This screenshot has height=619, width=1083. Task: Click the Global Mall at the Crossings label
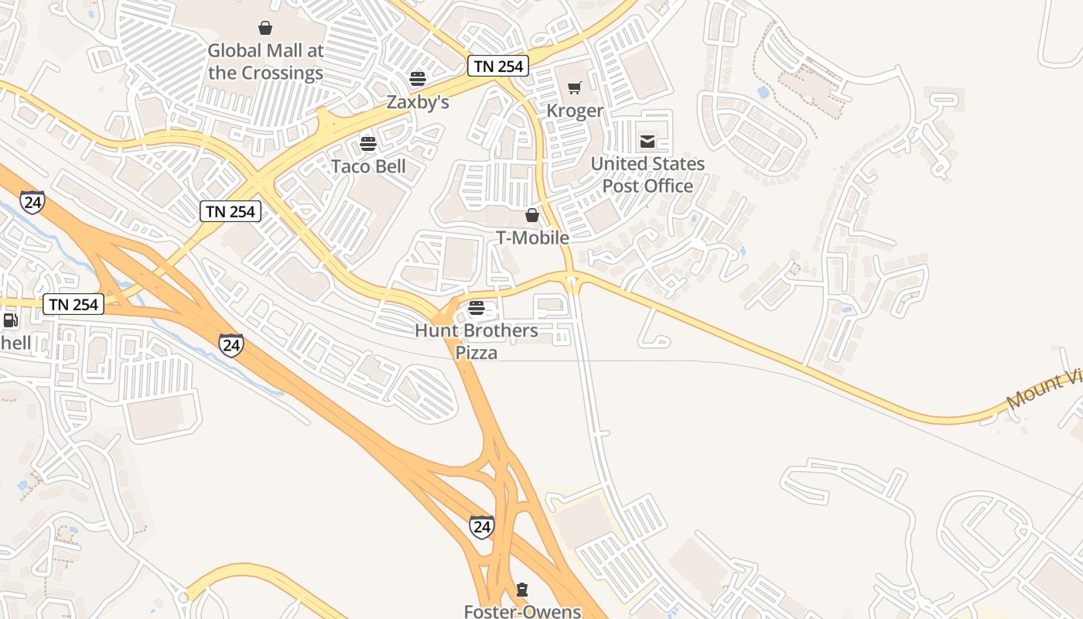tap(265, 62)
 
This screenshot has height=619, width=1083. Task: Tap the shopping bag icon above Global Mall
tap(265, 29)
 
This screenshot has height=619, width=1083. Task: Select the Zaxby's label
tap(418, 102)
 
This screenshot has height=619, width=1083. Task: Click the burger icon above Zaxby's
tap(418, 78)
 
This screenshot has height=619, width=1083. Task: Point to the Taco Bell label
tap(368, 166)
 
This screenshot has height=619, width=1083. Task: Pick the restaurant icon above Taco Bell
tap(368, 144)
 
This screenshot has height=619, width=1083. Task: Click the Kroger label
tap(574, 111)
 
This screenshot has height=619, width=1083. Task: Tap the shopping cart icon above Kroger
tap(574, 88)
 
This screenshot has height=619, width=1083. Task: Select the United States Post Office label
tap(647, 175)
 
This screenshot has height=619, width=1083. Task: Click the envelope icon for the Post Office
tap(647, 142)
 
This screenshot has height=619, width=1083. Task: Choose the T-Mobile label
tap(532, 238)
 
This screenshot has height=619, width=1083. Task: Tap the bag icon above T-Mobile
tap(532, 215)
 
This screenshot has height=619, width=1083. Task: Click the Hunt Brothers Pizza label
tap(477, 341)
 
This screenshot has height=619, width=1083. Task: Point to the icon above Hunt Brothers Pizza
tap(477, 308)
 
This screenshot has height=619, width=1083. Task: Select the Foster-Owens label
tap(522, 611)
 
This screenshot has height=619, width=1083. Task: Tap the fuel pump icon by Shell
tap(10, 320)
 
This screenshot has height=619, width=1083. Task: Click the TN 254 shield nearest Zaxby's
tap(498, 67)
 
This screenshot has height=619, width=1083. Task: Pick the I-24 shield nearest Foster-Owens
tap(481, 528)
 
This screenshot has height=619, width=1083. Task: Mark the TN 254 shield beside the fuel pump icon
tap(73, 304)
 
